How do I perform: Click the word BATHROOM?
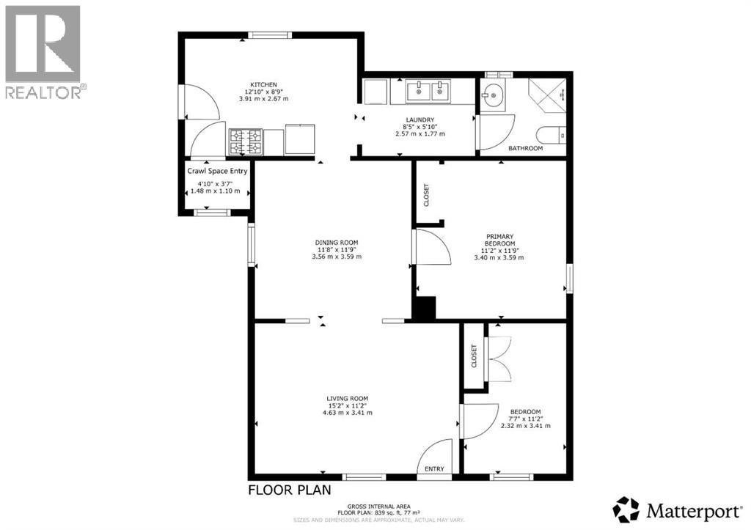526,149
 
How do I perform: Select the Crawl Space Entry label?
218,171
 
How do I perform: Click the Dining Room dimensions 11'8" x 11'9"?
336,250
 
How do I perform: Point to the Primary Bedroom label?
500,240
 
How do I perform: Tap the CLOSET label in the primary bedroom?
426,194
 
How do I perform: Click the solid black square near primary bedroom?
424,308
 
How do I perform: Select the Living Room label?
348,399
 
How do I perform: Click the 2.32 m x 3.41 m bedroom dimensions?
525,425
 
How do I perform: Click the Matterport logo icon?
626,509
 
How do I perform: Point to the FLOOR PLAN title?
289,490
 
